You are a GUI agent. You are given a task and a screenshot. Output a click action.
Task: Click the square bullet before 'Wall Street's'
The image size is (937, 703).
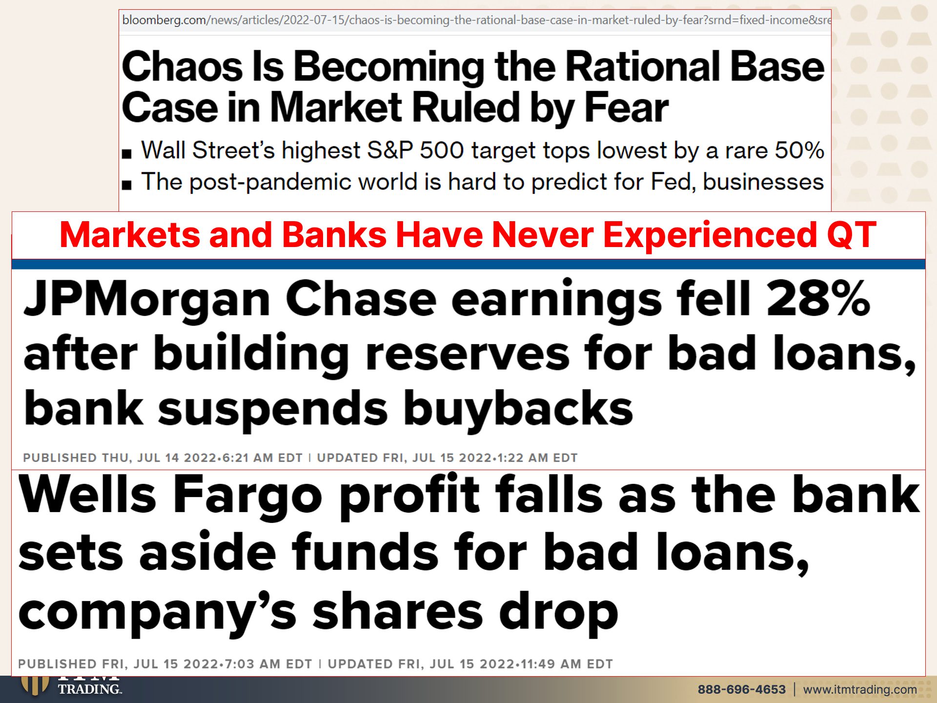click(x=127, y=154)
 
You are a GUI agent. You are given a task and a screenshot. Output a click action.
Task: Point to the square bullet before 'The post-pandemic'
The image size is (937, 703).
click(x=127, y=185)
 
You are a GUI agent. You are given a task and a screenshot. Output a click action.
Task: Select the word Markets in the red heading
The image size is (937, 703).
click(x=129, y=235)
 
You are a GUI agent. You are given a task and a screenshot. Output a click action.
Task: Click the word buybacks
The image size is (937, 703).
click(x=518, y=409)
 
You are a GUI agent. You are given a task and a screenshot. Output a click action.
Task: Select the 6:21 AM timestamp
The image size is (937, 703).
click(x=248, y=458)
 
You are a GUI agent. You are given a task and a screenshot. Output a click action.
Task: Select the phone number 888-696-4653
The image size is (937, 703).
click(x=741, y=689)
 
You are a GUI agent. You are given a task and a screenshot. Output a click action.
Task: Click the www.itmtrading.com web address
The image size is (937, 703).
click(x=860, y=690)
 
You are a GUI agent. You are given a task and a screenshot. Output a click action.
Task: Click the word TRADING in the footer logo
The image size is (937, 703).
click(x=89, y=689)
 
